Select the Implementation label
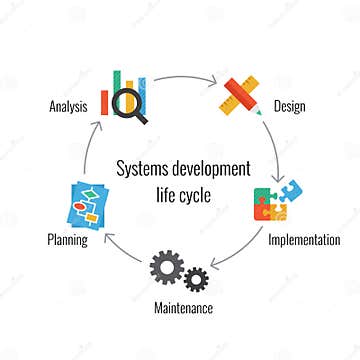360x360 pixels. (303, 240)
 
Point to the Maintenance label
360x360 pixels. (182, 307)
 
